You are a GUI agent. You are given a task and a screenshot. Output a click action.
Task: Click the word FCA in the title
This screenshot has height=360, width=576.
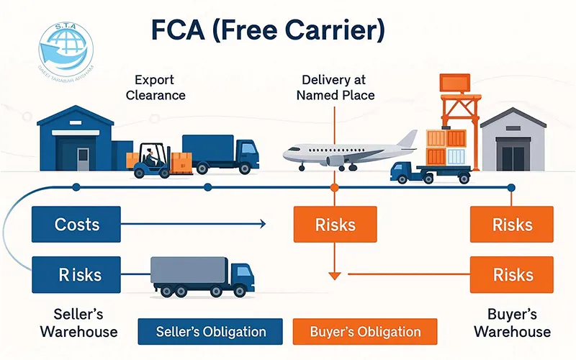[189, 30]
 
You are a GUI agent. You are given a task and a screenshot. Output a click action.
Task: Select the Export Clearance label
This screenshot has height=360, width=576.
[156, 87]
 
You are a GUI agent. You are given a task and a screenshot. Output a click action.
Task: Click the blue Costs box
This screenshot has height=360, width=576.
[77, 224]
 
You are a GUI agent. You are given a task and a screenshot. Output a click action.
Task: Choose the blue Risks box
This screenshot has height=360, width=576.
[77, 274]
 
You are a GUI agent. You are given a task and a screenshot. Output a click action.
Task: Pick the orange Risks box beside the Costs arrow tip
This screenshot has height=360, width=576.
[335, 224]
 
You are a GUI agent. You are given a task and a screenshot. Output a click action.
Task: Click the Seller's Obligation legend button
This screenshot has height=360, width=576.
[211, 332]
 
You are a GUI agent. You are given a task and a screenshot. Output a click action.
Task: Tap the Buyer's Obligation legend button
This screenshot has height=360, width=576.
[365, 332]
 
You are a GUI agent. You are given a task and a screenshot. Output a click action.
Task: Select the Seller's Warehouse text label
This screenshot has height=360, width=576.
[78, 323]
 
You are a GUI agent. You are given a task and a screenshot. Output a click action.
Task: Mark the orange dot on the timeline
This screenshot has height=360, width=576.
[334, 187]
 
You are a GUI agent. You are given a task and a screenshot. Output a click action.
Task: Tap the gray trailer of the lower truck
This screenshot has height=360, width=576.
[189, 272]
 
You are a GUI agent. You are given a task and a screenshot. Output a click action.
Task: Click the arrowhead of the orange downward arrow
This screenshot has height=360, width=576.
[334, 274]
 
